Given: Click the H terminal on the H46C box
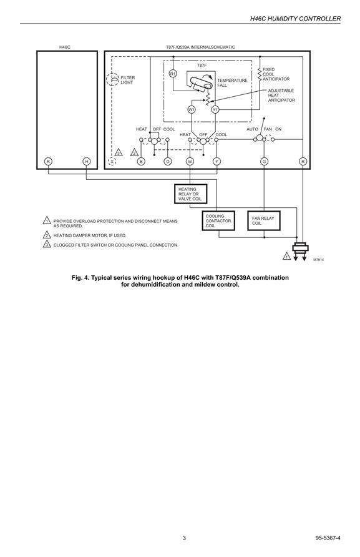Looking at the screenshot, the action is point(86,162).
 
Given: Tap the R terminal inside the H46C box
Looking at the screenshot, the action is point(48,162).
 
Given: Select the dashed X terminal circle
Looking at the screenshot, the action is point(112,162).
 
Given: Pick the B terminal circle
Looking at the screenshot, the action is point(141,162).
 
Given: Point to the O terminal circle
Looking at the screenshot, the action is point(168,162).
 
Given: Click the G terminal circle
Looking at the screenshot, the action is point(264,162).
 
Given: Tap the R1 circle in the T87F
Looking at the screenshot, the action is point(173,74).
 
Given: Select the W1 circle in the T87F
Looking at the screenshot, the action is point(192,109).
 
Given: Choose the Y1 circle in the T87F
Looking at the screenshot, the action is point(215,109).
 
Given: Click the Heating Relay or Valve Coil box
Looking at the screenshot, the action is point(191,194).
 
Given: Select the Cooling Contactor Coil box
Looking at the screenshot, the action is point(218,220).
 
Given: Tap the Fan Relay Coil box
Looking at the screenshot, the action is point(264,220).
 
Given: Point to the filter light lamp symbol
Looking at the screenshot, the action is point(114,79).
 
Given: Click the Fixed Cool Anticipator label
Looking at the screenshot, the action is point(276,74).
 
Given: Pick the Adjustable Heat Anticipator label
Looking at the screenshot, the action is point(281,96).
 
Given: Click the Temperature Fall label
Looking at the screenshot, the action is point(232,83).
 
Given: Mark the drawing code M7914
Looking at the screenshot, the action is point(318,260).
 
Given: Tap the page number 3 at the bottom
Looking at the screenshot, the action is point(184,538).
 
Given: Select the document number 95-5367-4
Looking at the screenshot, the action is point(328,538).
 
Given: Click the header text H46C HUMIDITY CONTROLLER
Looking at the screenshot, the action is point(295,19).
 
